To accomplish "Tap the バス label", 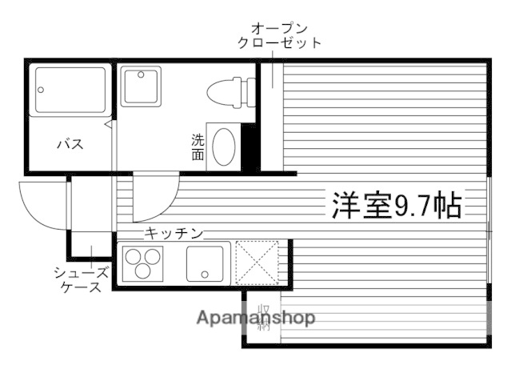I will [x=70, y=145].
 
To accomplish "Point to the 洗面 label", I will [x=198, y=146].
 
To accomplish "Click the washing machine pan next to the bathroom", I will [x=142, y=85].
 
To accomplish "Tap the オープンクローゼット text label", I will [x=279, y=34].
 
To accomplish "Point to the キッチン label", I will [x=173, y=233].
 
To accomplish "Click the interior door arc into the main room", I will [x=154, y=200].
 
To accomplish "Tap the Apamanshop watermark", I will [x=256, y=319].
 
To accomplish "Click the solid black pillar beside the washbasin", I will [x=248, y=146].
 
